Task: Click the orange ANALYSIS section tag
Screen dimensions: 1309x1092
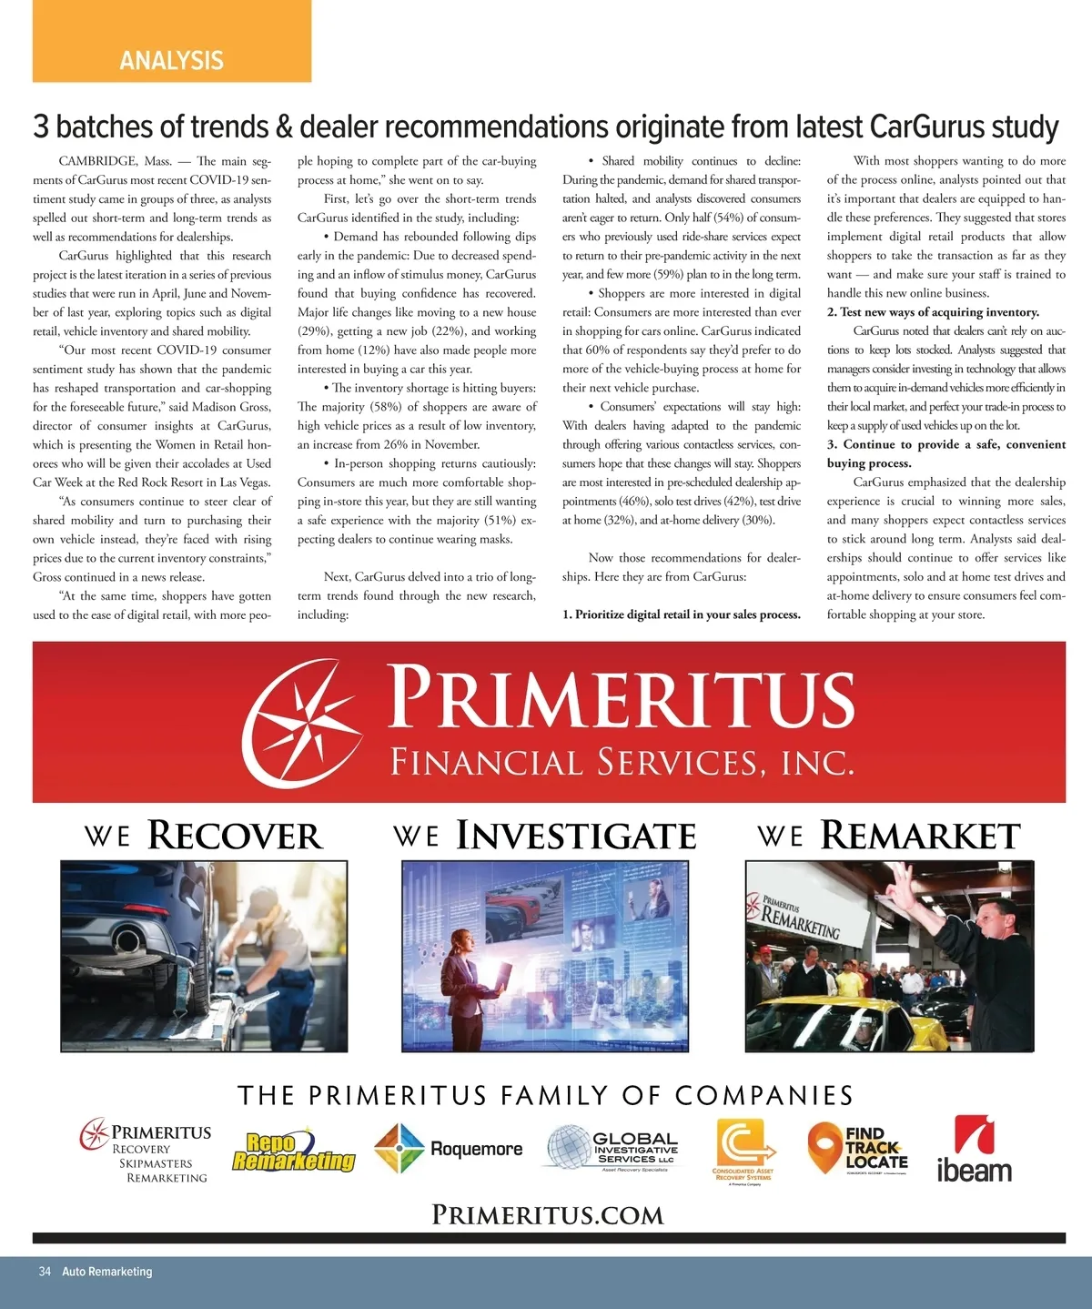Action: point(171,60)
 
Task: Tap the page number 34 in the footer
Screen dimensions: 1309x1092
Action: point(45,1272)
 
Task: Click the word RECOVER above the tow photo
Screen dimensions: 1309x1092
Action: point(235,836)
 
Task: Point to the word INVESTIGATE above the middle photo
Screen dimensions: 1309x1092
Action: point(575,836)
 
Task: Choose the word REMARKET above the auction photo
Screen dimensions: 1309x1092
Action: point(920,836)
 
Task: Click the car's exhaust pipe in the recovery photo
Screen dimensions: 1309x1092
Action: point(126,938)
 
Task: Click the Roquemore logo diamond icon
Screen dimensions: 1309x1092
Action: point(399,1149)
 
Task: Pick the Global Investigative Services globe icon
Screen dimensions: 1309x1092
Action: point(568,1147)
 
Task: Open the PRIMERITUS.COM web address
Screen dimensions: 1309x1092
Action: point(547,1215)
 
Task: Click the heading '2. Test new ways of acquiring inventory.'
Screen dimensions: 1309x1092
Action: point(933,312)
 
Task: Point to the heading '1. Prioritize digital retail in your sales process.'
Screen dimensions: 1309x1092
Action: point(681,614)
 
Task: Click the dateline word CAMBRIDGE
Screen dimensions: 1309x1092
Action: point(97,161)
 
